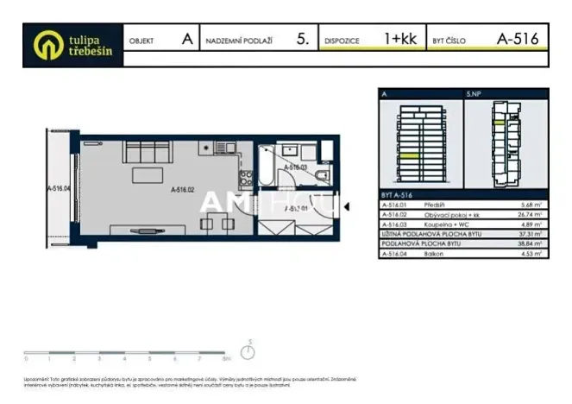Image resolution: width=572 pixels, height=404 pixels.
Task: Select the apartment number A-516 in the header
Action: click(518, 38)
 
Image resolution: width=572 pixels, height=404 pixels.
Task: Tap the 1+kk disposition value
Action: click(400, 38)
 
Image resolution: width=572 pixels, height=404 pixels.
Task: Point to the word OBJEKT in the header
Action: click(141, 40)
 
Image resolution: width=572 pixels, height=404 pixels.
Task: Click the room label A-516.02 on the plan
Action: click(183, 189)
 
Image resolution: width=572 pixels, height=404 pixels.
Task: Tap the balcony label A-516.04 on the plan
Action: click(59, 184)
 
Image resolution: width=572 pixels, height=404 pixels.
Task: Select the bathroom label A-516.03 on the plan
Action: click(296, 167)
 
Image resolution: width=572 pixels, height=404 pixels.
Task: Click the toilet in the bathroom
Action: click(321, 177)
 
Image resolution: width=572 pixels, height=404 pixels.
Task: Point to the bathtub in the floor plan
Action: click(267, 165)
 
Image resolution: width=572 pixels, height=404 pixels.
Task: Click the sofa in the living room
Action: click(148, 155)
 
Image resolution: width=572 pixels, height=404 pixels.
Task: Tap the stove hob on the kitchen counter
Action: click(245, 177)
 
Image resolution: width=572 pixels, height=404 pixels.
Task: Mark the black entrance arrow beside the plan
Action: click(346, 206)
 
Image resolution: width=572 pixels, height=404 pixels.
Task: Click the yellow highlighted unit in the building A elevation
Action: click(408, 155)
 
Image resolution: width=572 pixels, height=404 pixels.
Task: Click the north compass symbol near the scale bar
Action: click(248, 351)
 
